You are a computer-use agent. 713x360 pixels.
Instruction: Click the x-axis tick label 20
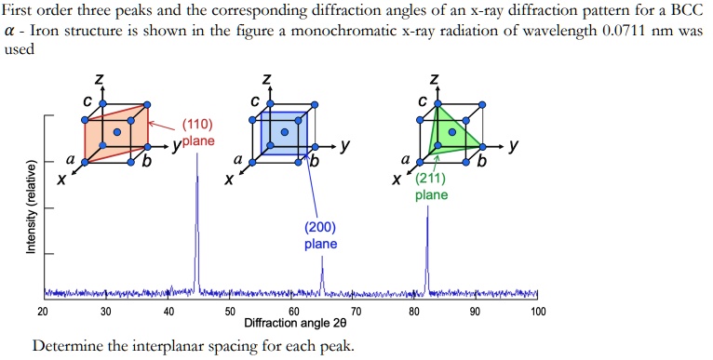(43, 311)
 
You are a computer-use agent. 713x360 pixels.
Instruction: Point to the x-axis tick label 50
(230, 311)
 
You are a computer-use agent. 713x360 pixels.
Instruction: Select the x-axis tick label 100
(538, 311)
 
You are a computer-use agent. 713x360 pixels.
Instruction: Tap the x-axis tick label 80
(414, 311)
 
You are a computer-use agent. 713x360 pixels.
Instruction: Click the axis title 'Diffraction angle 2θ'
(294, 324)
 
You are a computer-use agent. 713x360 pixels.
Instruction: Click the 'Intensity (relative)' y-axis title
(31, 207)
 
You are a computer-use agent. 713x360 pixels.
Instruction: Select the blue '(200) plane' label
(320, 235)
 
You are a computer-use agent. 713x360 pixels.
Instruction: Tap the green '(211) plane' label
(431, 187)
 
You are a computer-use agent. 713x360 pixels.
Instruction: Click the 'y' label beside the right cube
(514, 146)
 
